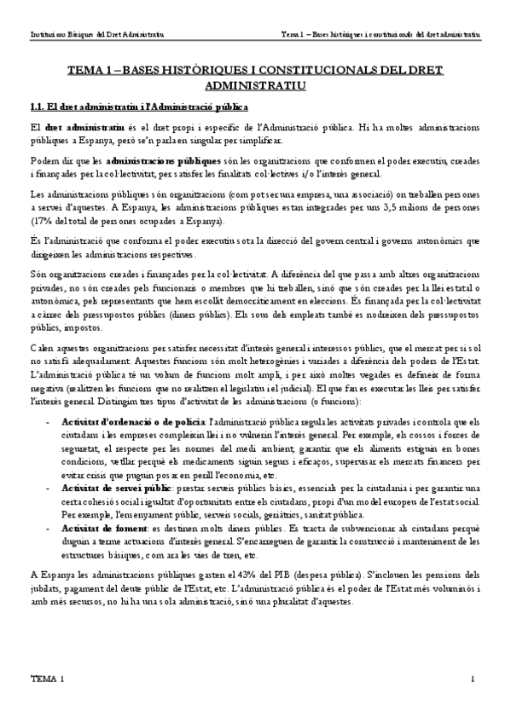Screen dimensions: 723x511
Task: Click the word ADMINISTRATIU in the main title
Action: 255,85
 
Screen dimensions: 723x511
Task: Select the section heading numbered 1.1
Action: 139,107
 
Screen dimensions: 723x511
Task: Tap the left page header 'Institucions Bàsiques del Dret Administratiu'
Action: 97,35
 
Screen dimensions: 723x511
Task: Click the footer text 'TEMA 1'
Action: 47,679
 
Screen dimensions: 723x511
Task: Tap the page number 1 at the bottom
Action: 471,679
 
